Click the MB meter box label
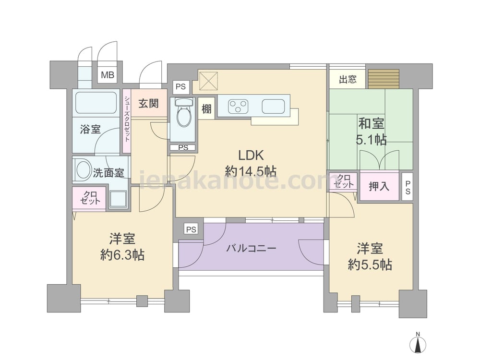tap(108, 75)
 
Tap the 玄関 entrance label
tap(148, 104)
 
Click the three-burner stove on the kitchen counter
tap(238, 107)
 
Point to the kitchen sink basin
tap(273, 107)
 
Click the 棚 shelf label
tap(206, 108)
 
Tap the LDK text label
tap(251, 156)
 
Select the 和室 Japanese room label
tap(371, 124)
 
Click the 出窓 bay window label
tap(348, 79)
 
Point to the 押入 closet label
tap(379, 186)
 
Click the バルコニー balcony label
tap(251, 248)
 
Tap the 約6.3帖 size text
tap(122, 255)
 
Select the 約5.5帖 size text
tap(370, 265)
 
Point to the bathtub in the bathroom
tap(96, 102)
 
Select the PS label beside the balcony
tap(192, 229)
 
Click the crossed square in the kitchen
tap(208, 81)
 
